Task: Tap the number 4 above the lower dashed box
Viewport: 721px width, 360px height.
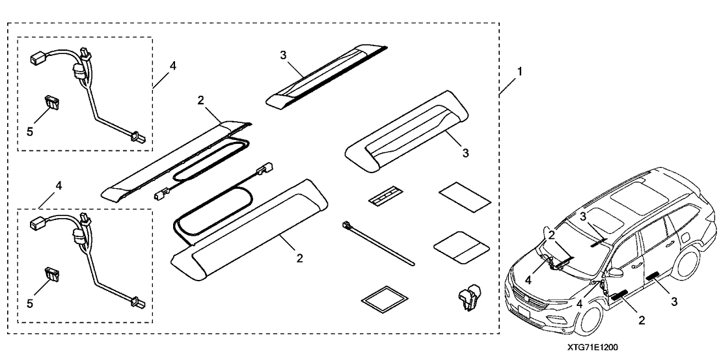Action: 59,186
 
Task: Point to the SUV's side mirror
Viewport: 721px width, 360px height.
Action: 616,271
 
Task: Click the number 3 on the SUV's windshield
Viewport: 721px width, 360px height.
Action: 584,216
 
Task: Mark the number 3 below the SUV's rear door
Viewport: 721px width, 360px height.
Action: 674,301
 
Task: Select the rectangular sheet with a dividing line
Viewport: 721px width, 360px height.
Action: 461,245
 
